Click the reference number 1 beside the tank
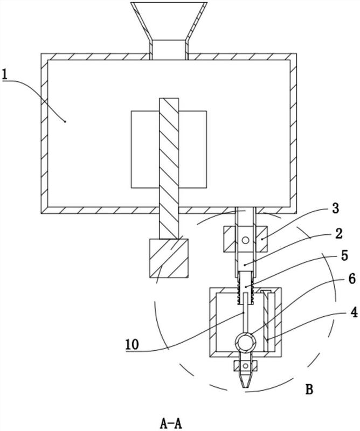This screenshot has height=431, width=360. (5, 74)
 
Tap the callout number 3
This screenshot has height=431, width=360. (336, 209)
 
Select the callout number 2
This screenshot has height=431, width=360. (338, 234)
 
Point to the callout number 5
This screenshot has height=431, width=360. (344, 255)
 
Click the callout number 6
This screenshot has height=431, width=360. (352, 279)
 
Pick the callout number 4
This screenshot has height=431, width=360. (354, 312)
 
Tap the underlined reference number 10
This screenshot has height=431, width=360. (132, 344)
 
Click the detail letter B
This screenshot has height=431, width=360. (309, 389)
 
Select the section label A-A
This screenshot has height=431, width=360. (171, 423)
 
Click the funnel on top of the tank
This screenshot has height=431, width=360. (169, 31)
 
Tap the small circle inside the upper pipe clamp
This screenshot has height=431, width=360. (245, 240)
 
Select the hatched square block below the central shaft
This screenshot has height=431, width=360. (169, 258)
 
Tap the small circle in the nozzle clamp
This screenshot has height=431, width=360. (245, 366)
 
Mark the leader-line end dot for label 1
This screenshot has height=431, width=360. (65, 121)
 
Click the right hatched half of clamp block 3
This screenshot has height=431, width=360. (261, 239)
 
